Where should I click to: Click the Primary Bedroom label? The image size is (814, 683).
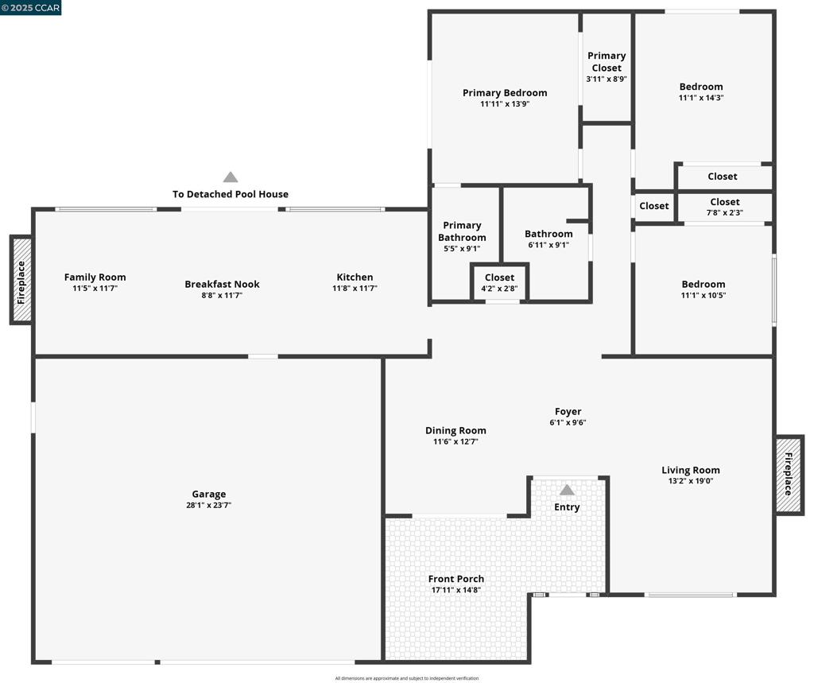505,93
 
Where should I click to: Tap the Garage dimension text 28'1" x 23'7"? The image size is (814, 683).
209,505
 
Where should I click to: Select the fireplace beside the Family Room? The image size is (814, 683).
21,281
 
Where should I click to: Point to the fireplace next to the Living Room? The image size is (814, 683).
789,474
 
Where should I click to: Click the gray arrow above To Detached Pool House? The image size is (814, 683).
231,177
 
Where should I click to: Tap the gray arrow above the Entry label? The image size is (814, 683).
567,490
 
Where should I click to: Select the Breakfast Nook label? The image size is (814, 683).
223,284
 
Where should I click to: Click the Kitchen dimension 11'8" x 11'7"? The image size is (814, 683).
355,289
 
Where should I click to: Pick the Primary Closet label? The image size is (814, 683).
607,62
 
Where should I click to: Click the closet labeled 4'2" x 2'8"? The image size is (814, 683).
499,282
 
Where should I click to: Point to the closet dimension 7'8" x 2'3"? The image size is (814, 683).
725,212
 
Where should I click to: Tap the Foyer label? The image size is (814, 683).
568,411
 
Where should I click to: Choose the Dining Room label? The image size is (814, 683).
455,431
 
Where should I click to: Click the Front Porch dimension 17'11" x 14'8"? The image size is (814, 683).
455,590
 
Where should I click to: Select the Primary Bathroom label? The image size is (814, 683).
462,231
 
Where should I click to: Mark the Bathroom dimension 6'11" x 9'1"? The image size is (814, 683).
548,245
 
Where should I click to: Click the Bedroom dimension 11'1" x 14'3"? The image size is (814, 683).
701,98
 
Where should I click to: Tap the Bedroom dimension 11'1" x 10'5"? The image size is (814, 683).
704,296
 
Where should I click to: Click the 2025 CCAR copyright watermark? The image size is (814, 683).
31,8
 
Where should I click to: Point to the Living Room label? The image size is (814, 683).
691,470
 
